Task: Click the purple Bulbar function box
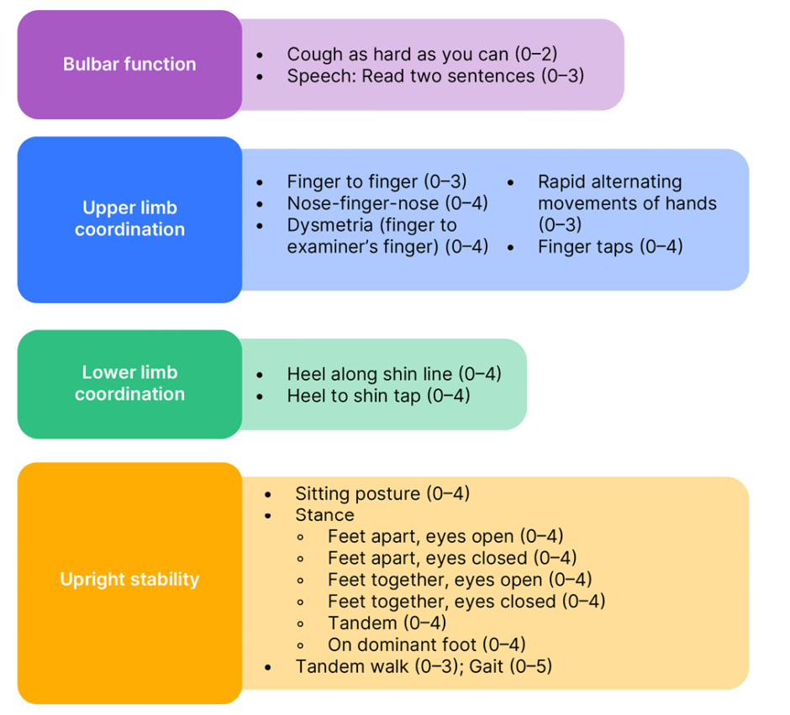click(x=129, y=65)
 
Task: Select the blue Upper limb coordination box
click(x=129, y=219)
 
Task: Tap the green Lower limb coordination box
click(x=129, y=384)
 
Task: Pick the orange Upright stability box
click(x=129, y=580)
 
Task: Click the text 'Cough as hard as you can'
click(x=398, y=55)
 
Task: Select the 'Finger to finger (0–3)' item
click(x=377, y=182)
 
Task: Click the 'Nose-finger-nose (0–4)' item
click(x=387, y=204)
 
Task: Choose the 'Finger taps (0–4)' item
click(x=610, y=247)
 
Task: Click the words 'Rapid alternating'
click(x=609, y=182)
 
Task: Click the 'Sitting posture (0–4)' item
click(x=382, y=494)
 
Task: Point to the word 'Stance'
click(x=324, y=516)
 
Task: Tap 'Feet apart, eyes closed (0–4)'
click(x=452, y=559)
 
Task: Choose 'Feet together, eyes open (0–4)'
click(x=459, y=581)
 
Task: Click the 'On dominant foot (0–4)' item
click(x=426, y=645)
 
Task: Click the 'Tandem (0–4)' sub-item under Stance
click(x=387, y=623)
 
